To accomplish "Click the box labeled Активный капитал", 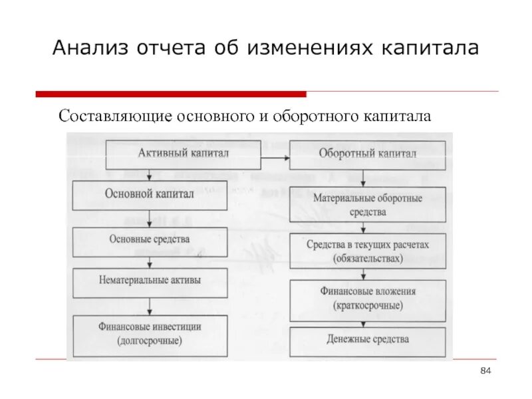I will pos(184,154).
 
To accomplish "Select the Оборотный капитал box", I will pos(367,154).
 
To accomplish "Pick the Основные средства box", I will pos(150,239).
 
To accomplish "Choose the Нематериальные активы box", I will pos(150,281).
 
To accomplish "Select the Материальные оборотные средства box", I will pos(367,205).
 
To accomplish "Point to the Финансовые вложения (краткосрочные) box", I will pos(367,298).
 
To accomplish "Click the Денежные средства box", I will pos(367,340).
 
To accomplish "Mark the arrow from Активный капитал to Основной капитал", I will pos(153,174).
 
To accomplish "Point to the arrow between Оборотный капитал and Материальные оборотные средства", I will pos(362,178).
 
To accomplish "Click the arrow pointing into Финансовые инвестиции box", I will pos(151,306).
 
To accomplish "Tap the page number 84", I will pos(485,370).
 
